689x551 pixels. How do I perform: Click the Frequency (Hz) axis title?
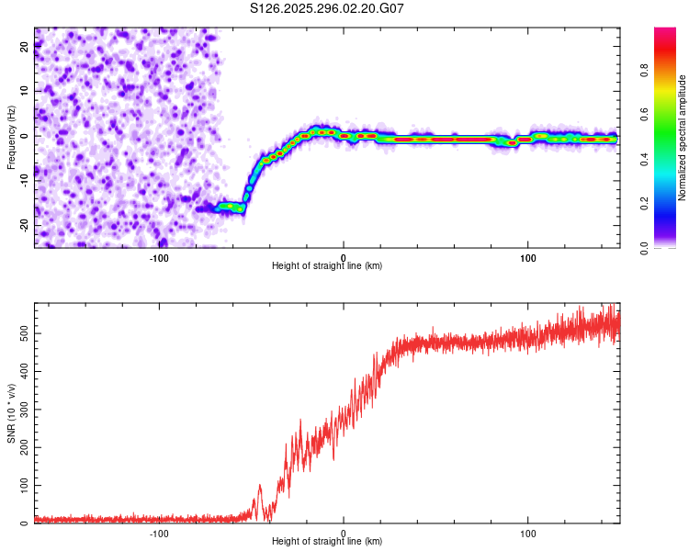tap(11, 136)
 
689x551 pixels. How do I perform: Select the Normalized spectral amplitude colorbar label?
tap(681, 138)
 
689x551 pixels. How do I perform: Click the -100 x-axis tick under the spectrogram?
tap(159, 258)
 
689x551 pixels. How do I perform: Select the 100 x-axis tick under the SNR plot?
tap(528, 534)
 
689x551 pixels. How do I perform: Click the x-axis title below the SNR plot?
tap(327, 542)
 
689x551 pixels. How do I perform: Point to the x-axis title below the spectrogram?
tap(327, 266)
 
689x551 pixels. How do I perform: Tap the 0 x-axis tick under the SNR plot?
tap(344, 534)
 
